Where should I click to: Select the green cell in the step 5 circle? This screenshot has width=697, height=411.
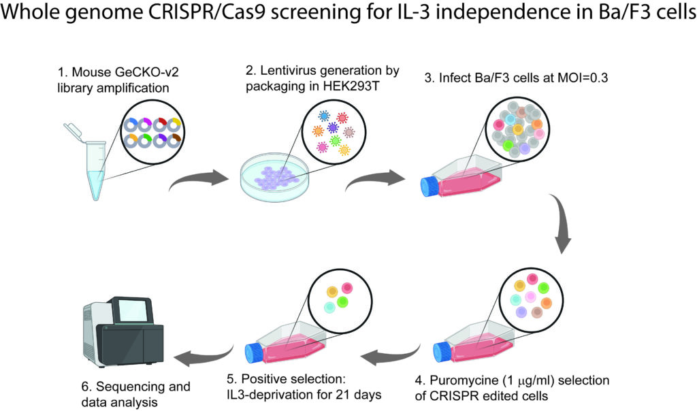[342, 301]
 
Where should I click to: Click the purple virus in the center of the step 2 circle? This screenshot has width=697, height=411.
[333, 128]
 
